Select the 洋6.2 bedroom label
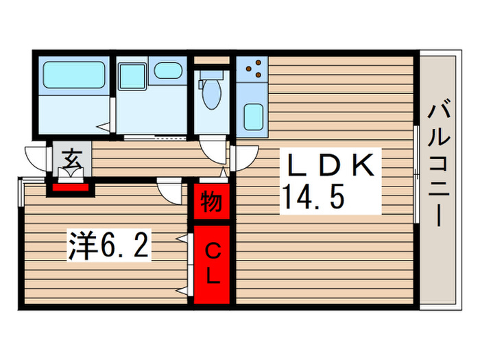[x=108, y=245]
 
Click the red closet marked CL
[x=212, y=265]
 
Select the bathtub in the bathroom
[x=74, y=75]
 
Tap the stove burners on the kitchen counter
[x=254, y=68]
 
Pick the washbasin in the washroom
[x=167, y=69]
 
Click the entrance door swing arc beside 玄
[x=37, y=158]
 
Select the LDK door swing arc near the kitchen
[x=242, y=158]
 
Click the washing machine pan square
[x=132, y=75]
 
